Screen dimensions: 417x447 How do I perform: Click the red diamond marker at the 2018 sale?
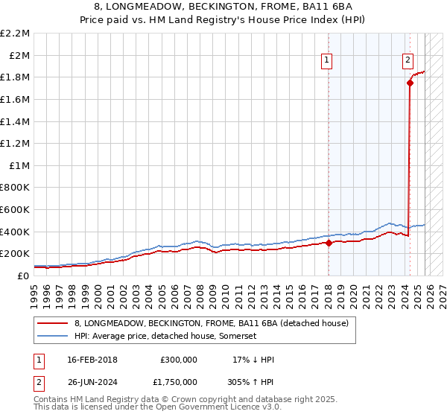[329, 242]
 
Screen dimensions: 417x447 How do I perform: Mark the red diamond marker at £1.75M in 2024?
[410, 83]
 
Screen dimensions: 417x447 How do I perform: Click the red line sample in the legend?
[53, 324]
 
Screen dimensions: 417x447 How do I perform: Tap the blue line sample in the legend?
[53, 337]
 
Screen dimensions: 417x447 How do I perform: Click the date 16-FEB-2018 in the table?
[92, 360]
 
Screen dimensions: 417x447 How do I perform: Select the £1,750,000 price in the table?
[178, 383]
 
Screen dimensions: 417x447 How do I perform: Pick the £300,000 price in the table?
[178, 360]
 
